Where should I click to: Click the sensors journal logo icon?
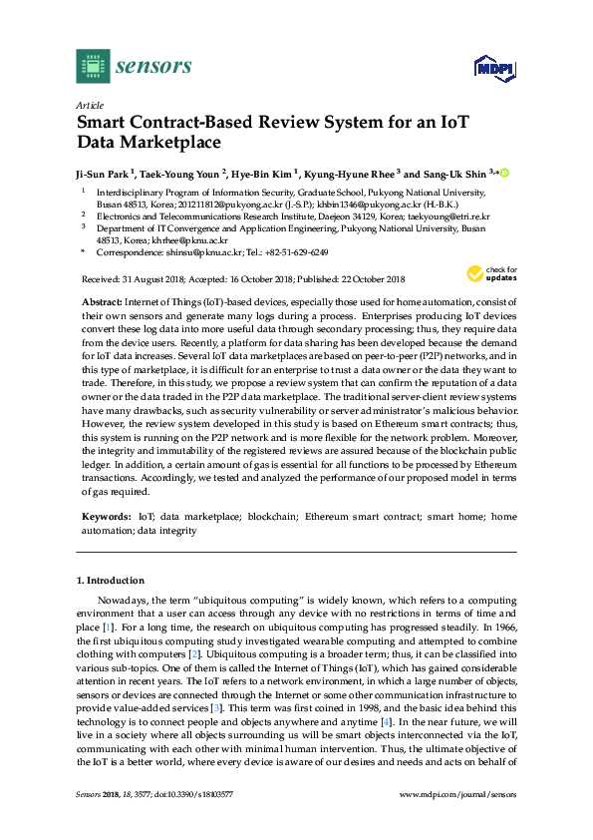click(x=93, y=66)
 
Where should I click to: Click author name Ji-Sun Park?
click(x=103, y=173)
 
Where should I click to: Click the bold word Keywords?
click(x=106, y=517)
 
